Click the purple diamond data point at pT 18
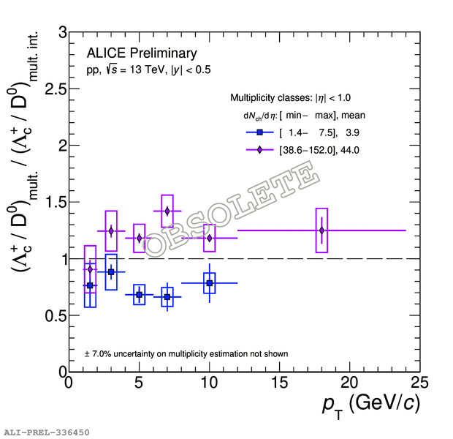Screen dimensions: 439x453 (321, 230)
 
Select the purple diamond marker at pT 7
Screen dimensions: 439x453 (167, 211)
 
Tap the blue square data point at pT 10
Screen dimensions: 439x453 (210, 282)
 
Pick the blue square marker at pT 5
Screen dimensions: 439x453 (139, 294)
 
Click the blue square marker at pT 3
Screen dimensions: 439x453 (111, 272)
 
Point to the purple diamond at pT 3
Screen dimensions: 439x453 (111, 231)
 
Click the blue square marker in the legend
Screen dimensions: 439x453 (260, 132)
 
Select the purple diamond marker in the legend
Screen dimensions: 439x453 (260, 150)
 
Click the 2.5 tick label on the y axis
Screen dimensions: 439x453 (47, 89)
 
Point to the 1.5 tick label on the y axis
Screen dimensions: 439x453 (47, 202)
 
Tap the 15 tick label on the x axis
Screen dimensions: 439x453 (279, 384)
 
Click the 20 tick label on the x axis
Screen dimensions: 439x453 (349, 384)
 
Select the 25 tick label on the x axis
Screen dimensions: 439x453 (419, 384)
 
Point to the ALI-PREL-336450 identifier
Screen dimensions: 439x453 (47, 432)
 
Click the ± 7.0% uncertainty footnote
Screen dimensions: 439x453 (186, 353)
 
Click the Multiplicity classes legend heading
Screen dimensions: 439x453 (291, 97)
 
